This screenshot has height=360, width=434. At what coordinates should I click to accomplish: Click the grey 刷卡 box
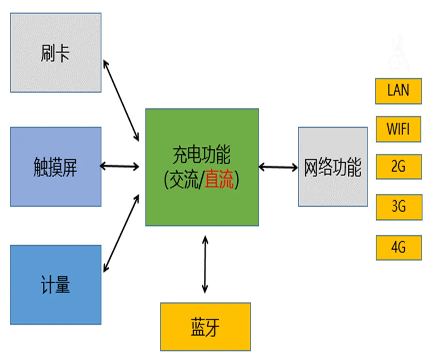56,52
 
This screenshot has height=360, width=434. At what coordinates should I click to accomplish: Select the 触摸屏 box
56,167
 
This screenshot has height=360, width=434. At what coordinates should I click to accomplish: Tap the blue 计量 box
56,285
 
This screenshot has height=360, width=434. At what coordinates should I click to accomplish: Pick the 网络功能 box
333,167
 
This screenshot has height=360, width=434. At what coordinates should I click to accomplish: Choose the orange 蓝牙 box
205,327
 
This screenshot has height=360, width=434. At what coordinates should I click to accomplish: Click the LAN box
398,91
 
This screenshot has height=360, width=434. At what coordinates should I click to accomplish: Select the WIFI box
398,129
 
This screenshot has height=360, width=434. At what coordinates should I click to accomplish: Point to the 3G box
398,207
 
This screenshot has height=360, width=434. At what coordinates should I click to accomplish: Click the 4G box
398,247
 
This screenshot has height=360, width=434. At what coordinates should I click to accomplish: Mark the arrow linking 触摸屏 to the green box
120,166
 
